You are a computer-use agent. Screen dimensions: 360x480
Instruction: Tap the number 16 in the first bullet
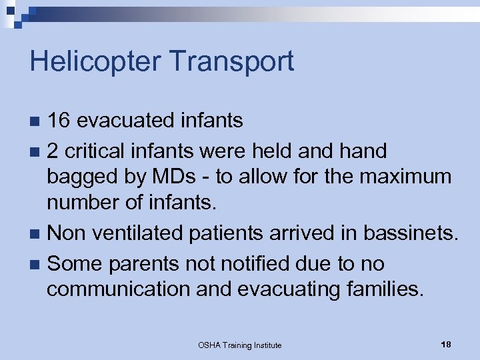tap(58, 121)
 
